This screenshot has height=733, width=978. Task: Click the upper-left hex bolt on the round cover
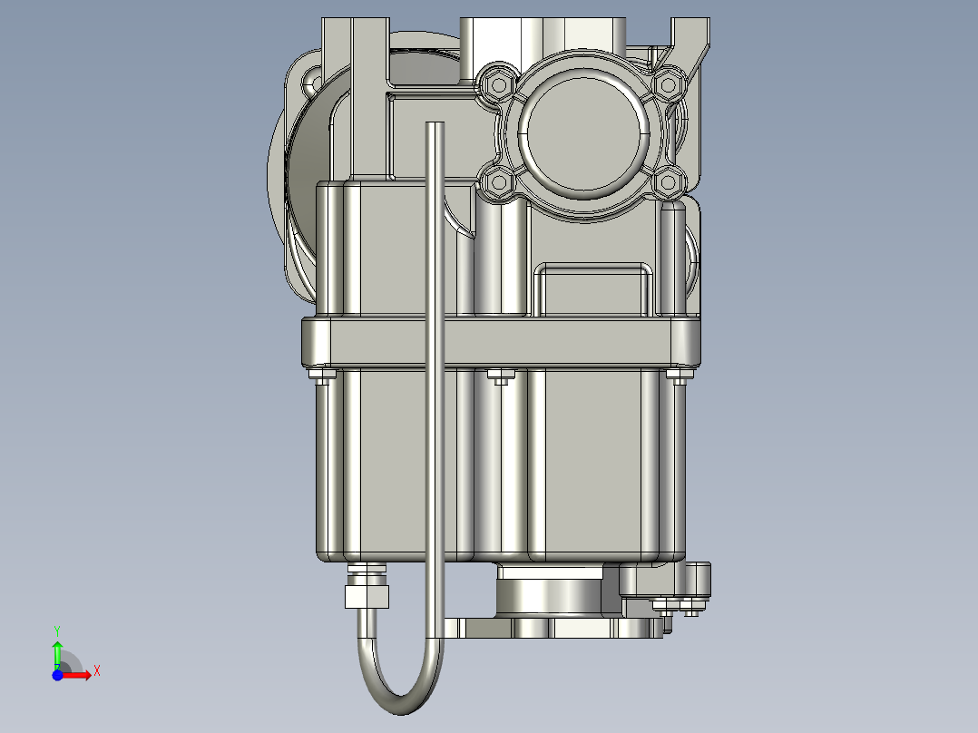point(497,84)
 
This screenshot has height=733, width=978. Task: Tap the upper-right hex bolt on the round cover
point(669,83)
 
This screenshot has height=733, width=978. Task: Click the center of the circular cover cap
point(583,133)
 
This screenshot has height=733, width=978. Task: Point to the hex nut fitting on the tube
point(367,595)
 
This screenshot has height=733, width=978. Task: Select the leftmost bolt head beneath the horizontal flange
point(321,375)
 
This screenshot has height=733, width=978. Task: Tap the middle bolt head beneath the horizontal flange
point(498,375)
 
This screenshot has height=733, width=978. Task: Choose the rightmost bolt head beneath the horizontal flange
point(677,375)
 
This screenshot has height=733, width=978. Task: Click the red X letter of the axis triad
point(97,670)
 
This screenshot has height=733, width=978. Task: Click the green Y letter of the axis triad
point(56,629)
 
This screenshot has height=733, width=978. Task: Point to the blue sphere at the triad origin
point(57,675)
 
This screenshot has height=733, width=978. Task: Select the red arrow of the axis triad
point(80,675)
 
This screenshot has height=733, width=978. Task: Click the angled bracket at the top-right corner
point(692,41)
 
